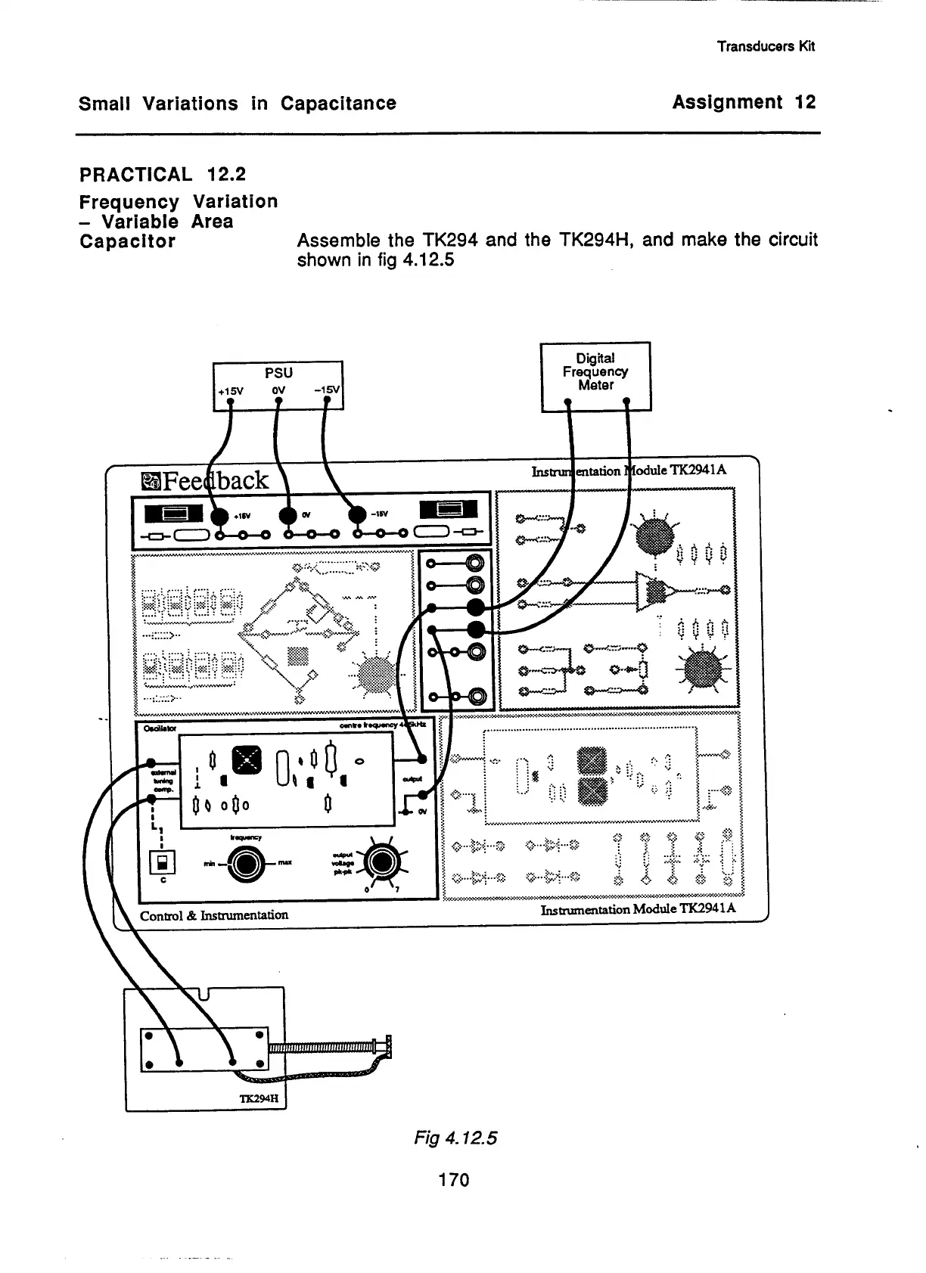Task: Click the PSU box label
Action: pos(278,373)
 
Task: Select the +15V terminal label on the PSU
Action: pos(231,391)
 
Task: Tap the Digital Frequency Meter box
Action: pos(595,376)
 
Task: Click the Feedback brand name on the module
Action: pos(205,480)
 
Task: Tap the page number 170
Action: pos(454,1179)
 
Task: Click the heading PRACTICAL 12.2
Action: pos(163,175)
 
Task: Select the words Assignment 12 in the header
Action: pos(744,102)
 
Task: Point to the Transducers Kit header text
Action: pos(766,46)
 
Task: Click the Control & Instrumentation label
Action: pos(214,915)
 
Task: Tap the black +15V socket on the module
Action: pos(219,517)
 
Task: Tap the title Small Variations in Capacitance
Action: pos(237,104)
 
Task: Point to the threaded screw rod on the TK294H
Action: pos(325,1048)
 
